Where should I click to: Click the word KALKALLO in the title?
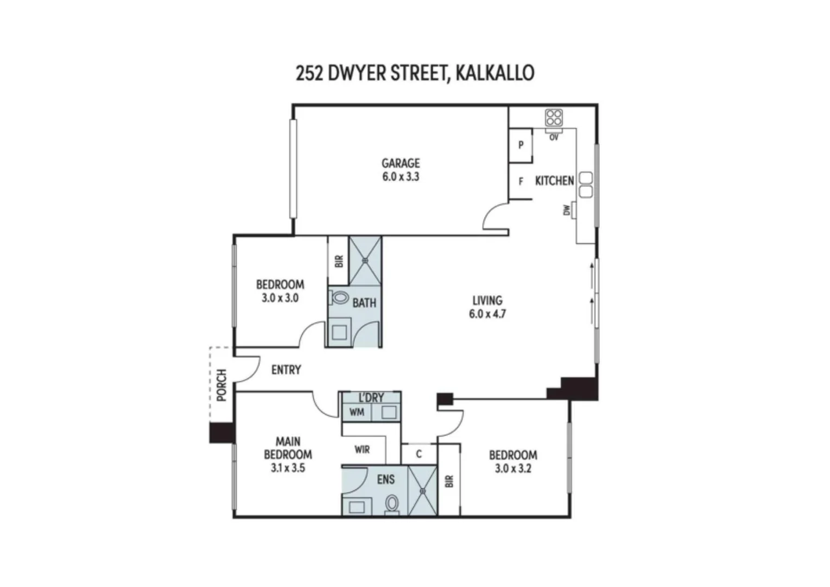coord(495,73)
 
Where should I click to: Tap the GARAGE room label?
coord(401,163)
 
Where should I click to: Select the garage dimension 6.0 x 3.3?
coord(401,177)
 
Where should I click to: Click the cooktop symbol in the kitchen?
coord(554,118)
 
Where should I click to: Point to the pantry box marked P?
coord(521,145)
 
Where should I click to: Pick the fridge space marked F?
coord(521,182)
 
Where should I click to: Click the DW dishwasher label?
coord(567,210)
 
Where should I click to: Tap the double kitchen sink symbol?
coord(586,185)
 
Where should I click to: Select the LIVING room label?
coord(487,301)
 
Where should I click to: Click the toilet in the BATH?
coord(340,298)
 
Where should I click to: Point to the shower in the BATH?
coord(365,260)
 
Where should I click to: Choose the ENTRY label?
coord(286,370)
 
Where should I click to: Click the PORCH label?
coord(221,385)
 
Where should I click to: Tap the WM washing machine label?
coord(357,413)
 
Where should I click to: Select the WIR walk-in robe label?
coord(362,449)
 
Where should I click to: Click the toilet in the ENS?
coord(391,504)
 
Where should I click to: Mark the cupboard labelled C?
coord(419,454)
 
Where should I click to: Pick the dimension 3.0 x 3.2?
coord(513,469)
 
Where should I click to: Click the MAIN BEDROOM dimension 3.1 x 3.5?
coord(288,467)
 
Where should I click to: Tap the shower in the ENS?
coord(422,490)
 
